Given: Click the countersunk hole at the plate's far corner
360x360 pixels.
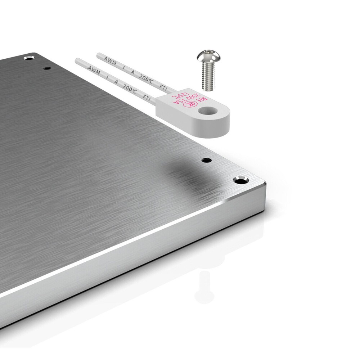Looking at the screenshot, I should coord(29,58).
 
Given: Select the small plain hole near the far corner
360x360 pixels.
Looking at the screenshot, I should coord(46,68).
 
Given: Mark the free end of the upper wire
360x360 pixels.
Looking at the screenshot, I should coord(98,55).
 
